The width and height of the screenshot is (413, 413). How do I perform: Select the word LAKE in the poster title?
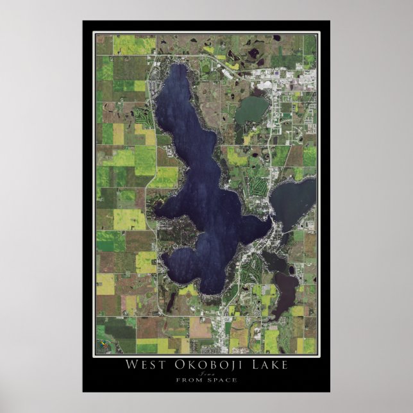pyautogui.click(x=265, y=366)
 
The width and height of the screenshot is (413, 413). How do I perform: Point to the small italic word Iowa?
pyautogui.click(x=206, y=373)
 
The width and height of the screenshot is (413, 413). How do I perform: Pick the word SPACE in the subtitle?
pyautogui.click(x=221, y=380)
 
